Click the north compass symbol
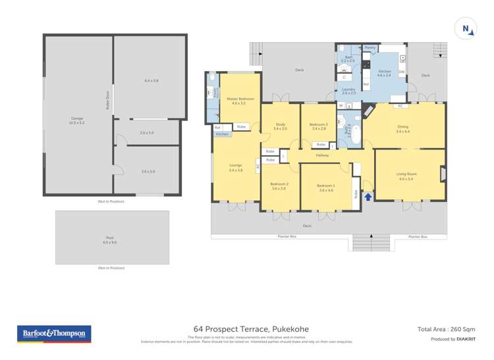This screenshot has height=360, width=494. click(466, 28)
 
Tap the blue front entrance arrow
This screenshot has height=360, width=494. click(368, 195)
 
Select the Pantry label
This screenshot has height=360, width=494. click(370, 48)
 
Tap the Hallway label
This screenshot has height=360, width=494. click(322, 155)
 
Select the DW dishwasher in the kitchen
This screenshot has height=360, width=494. click(401, 71)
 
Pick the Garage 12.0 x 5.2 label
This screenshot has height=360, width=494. click(78, 120)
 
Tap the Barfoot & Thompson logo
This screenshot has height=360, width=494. click(54, 334)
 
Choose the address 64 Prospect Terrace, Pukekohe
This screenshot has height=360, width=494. click(251, 329)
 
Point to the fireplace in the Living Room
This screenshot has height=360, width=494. click(442, 174)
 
